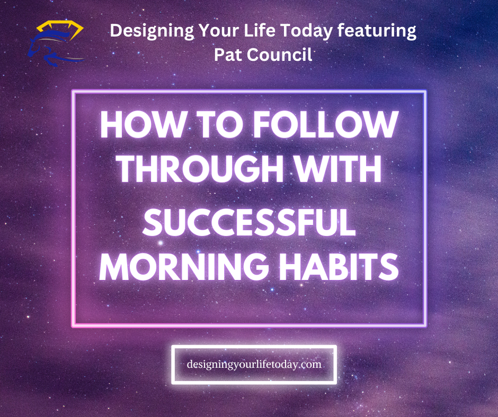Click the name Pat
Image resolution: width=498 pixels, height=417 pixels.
point(229,54)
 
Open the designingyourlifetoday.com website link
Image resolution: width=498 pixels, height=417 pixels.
point(254,365)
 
